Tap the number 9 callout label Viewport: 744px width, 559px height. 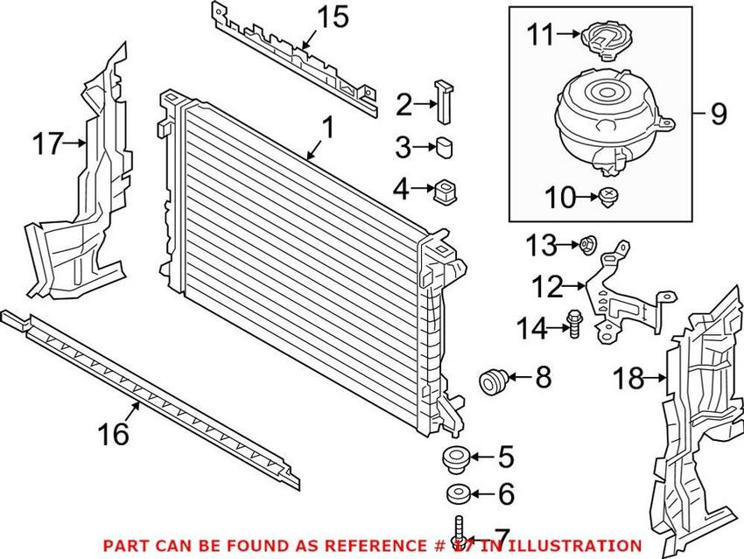coord(719,114)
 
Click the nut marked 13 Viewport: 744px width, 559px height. coord(588,244)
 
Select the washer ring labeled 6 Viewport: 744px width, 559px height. coord(456,494)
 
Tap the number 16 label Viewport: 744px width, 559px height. coord(114,432)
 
